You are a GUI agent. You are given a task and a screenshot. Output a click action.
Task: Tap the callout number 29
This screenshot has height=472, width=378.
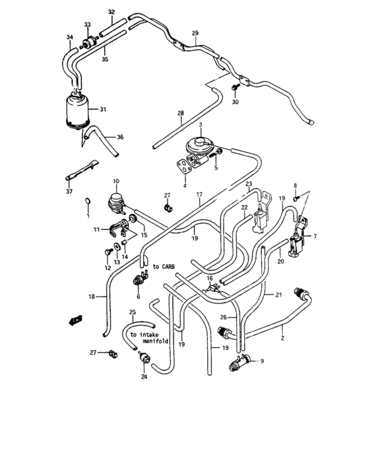pos(195,33)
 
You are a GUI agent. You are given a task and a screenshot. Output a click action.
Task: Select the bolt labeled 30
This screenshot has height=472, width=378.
pos(234,89)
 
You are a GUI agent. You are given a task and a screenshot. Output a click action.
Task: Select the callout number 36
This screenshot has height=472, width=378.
pos(120,137)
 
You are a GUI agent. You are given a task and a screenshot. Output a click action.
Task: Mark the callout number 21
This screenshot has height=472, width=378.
pos(277,295)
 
